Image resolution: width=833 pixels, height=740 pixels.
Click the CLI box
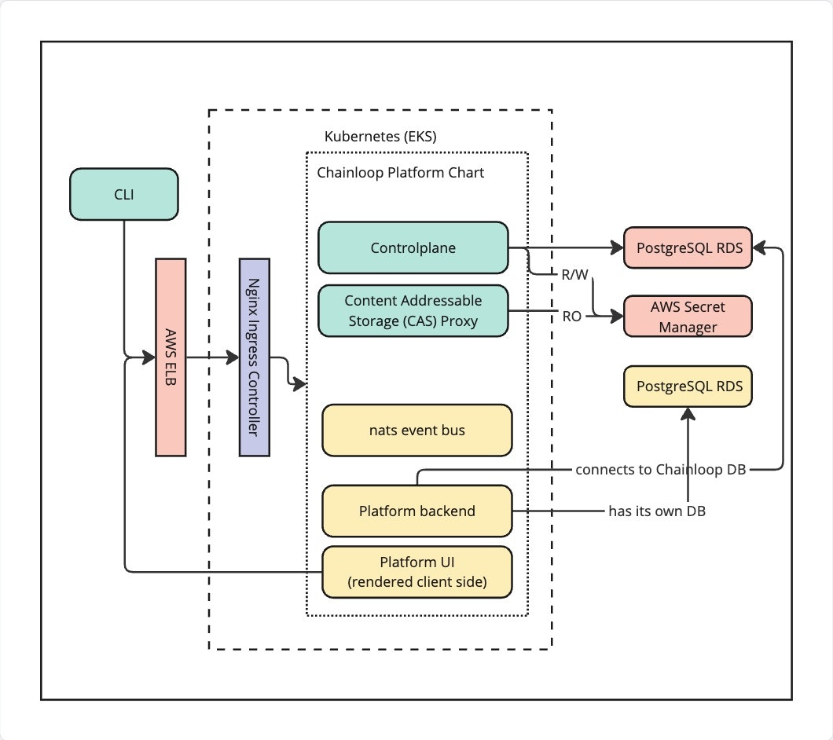coord(123,193)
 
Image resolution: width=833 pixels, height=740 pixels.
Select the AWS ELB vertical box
coord(171,357)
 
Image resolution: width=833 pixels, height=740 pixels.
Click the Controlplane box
coord(413,248)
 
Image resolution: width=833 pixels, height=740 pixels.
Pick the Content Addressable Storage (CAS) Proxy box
coord(413,311)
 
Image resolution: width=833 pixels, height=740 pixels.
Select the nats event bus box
coord(416,430)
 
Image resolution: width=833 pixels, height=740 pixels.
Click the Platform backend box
coord(416,511)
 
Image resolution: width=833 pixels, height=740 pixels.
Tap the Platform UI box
coord(416,571)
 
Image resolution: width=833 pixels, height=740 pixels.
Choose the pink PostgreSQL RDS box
coord(688,248)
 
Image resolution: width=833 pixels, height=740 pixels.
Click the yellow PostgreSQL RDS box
coord(688,386)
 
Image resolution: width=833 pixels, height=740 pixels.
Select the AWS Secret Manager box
coord(688,317)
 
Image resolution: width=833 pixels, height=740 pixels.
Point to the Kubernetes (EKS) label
coord(380,136)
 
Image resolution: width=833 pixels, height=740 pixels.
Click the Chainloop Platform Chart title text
coord(400,172)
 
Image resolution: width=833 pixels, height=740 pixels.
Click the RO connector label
coord(571,317)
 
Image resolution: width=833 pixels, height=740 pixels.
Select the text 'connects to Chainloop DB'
coord(660,470)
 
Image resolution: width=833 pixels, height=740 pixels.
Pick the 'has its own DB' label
coord(657,511)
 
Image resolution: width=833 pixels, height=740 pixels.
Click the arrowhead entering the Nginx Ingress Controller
coord(233,358)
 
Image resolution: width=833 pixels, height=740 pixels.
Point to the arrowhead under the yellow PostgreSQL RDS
coord(688,413)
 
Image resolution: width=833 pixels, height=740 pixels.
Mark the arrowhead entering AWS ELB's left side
coord(149,358)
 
